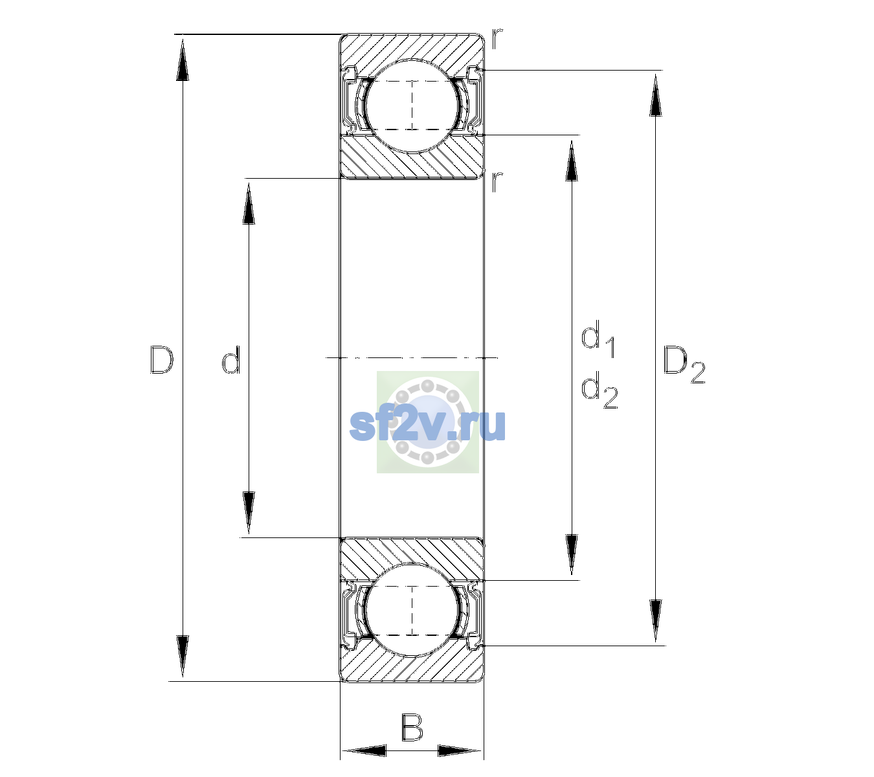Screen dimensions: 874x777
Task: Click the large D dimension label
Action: [x=161, y=359]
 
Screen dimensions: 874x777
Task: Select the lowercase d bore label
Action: [x=231, y=359]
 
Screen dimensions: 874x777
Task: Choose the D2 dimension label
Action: [x=684, y=365]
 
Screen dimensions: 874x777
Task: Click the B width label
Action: [x=412, y=727]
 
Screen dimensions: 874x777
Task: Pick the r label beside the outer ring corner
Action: [x=497, y=39]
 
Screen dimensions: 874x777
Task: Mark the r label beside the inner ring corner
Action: [x=497, y=181]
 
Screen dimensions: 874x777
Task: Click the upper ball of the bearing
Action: [x=412, y=106]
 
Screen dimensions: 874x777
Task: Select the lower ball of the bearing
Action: [x=412, y=610]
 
